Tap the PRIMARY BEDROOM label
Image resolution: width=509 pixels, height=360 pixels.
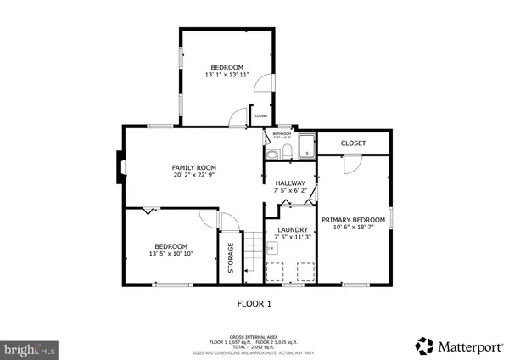(353, 220)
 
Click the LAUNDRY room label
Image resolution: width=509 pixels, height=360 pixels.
(289, 229)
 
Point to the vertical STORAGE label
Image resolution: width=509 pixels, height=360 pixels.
(230, 259)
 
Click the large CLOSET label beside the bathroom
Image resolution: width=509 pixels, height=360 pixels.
(353, 143)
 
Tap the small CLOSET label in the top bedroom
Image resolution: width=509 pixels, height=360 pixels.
(260, 116)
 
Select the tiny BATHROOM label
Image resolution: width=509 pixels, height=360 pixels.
(282, 133)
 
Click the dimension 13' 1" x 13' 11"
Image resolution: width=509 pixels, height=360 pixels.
(227, 76)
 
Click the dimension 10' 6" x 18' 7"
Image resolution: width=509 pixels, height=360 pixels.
(353, 228)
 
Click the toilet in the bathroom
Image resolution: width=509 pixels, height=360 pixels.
(287, 151)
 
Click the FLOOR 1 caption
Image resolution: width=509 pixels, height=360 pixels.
(254, 303)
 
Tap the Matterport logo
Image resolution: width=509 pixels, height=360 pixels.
(458, 346)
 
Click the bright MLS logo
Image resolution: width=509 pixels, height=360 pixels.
(29, 348)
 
